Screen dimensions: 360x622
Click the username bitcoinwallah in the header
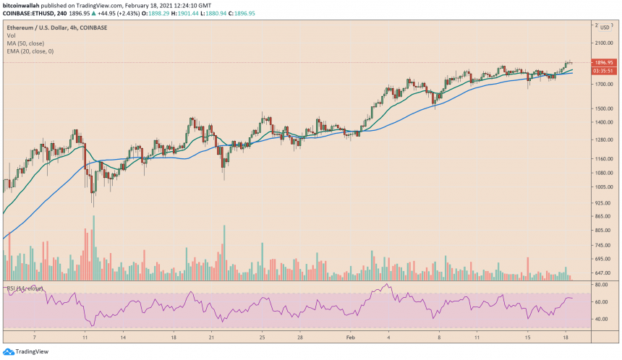tap(24, 4)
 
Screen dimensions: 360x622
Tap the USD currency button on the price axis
tap(605, 27)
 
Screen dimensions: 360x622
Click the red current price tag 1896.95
tap(603, 63)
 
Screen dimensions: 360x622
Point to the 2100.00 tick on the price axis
tap(602, 43)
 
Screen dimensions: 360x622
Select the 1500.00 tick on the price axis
tap(602, 108)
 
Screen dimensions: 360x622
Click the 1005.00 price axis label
tap(602, 187)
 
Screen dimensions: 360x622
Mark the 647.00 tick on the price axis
tap(602, 273)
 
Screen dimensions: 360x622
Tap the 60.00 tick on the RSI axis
tap(600, 302)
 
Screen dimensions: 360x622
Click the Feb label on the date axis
tap(351, 337)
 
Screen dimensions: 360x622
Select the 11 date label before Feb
tap(85, 337)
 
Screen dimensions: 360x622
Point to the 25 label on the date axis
tap(264, 337)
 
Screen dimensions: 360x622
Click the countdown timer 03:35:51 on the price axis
tap(603, 71)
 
